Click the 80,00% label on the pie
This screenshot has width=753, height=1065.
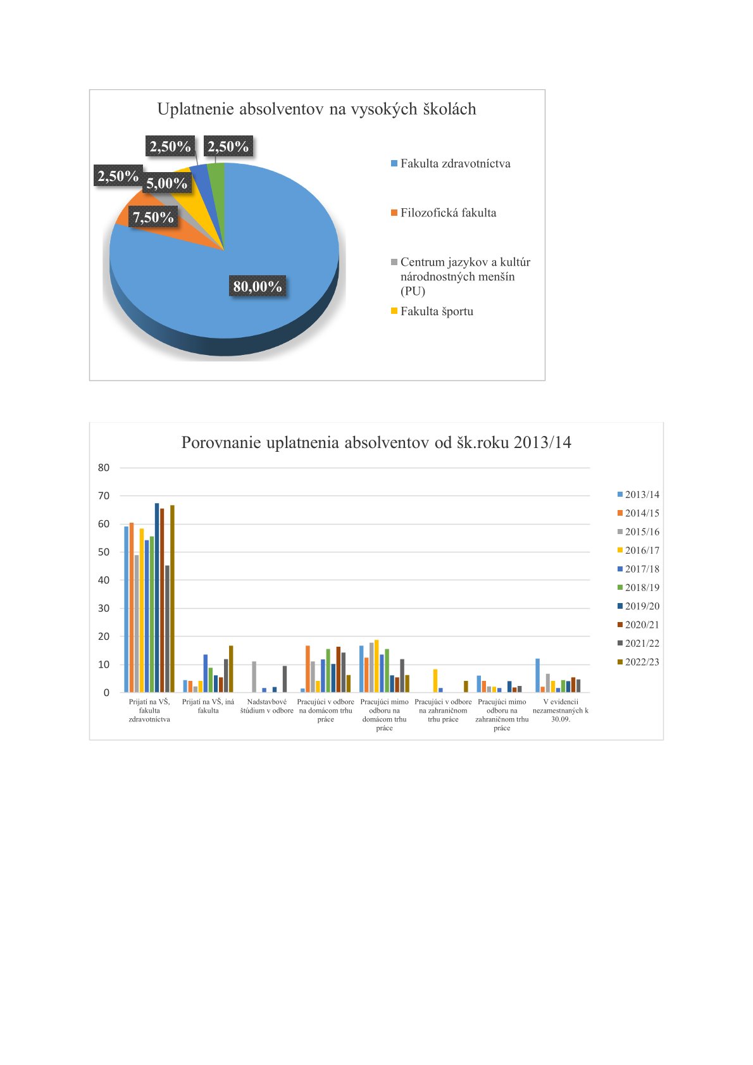257,286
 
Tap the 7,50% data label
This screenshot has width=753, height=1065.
153,217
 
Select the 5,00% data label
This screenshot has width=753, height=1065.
166,183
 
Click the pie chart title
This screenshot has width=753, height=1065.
316,109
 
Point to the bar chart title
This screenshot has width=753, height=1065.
376,442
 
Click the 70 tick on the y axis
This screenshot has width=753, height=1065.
104,496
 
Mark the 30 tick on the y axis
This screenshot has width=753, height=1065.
104,608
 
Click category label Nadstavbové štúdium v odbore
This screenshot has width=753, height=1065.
266,706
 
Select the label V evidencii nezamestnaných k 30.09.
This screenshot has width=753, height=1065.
561,711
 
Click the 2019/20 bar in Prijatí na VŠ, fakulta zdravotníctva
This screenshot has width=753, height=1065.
157,597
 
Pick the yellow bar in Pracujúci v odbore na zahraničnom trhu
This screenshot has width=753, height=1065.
435,681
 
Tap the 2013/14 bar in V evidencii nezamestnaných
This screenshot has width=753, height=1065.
538,676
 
